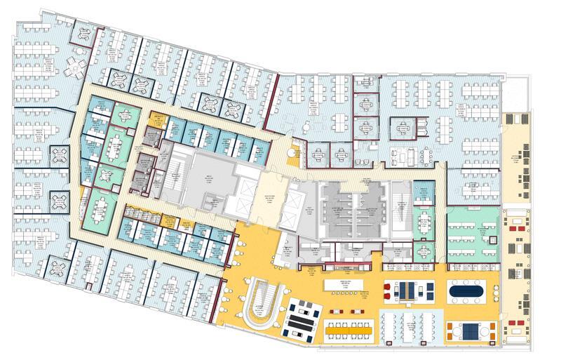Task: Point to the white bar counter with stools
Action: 345,284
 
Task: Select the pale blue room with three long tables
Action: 407,325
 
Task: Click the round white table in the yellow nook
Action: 295,150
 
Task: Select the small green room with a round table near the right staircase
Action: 423,248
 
